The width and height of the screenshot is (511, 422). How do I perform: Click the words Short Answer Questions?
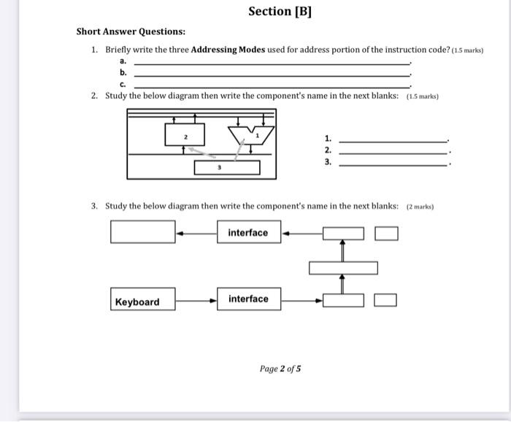click(131, 32)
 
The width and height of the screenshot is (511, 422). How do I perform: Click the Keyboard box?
click(143, 301)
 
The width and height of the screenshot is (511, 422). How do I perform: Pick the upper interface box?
click(249, 233)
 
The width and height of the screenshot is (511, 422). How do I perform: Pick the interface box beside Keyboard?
click(249, 299)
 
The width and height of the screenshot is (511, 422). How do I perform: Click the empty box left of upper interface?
click(142, 232)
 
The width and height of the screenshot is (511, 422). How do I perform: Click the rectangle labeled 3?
click(226, 167)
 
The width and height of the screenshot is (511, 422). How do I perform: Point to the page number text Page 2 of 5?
click(280, 369)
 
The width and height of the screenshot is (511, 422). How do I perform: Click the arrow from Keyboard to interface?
click(196, 300)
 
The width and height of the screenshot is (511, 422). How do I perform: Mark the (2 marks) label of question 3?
click(420, 207)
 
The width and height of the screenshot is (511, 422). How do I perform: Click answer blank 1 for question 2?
click(393, 139)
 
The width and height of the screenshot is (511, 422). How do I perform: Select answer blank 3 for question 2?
click(393, 164)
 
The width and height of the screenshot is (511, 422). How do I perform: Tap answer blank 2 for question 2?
click(393, 152)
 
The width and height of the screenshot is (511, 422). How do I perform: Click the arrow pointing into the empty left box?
click(196, 233)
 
